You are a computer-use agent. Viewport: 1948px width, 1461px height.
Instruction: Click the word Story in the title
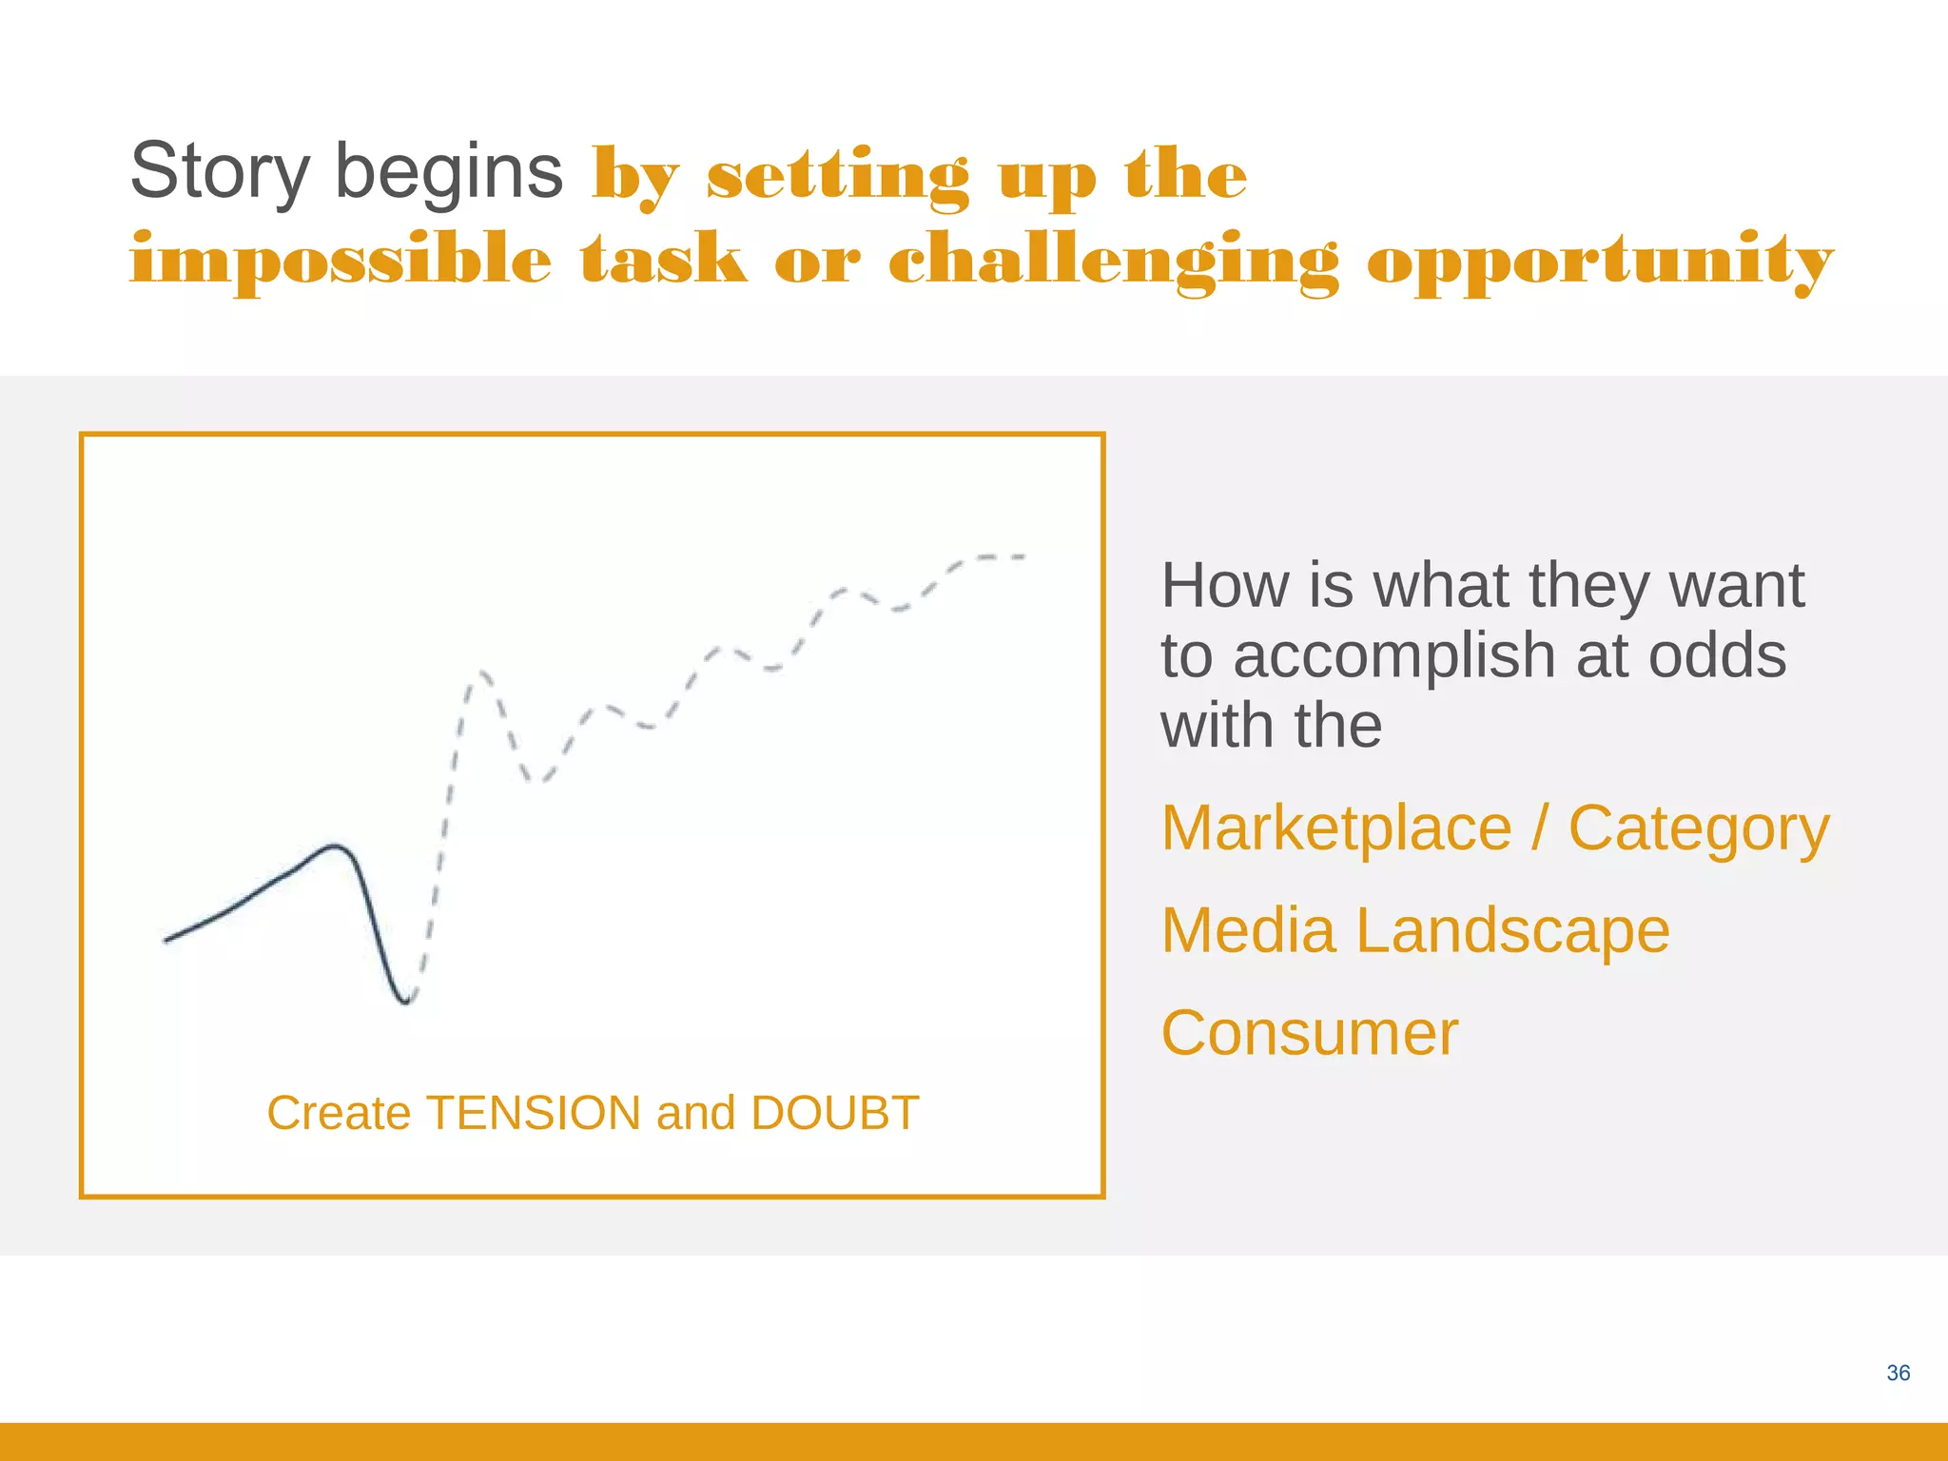(220, 172)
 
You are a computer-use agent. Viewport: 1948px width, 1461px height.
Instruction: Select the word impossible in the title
(340, 261)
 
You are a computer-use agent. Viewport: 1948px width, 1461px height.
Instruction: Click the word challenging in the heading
(1113, 261)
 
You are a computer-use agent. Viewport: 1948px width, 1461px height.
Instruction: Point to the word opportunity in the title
(1600, 261)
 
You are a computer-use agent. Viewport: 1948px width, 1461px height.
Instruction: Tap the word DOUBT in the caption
(834, 1113)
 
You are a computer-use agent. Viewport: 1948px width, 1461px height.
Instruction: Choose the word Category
(1698, 829)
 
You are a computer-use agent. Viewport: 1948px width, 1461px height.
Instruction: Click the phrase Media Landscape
(1414, 930)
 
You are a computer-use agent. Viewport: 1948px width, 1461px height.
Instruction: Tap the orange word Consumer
(1309, 1033)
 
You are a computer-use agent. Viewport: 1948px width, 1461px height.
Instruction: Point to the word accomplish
(1394, 656)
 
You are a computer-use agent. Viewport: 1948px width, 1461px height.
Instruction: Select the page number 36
(1898, 1373)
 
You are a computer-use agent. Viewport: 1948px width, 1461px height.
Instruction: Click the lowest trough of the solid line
(406, 1002)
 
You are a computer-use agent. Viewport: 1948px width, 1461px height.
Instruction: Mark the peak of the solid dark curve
(334, 845)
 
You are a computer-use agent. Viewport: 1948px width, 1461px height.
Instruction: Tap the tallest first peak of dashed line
(479, 673)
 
